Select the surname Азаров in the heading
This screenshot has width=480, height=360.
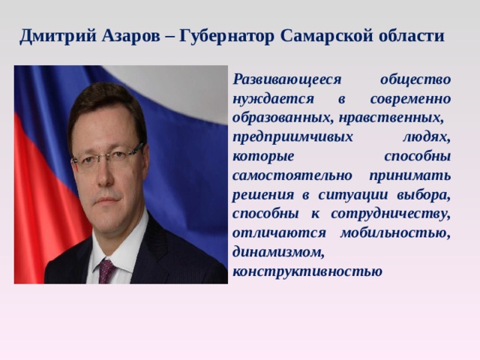tap(131, 36)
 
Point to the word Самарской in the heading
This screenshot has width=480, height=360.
tap(327, 37)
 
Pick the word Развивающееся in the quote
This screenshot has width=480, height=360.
tap(287, 80)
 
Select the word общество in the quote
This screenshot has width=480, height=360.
tap(415, 79)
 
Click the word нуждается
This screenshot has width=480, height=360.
tap(273, 100)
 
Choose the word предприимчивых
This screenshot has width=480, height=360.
tap(292, 138)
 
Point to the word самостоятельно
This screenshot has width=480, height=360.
tap(292, 175)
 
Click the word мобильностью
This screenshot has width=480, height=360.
tap(395, 233)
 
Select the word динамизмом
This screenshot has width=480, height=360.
tap(278, 253)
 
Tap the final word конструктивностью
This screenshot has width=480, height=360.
tap(307, 271)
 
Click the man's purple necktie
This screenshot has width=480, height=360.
tap(106, 271)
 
